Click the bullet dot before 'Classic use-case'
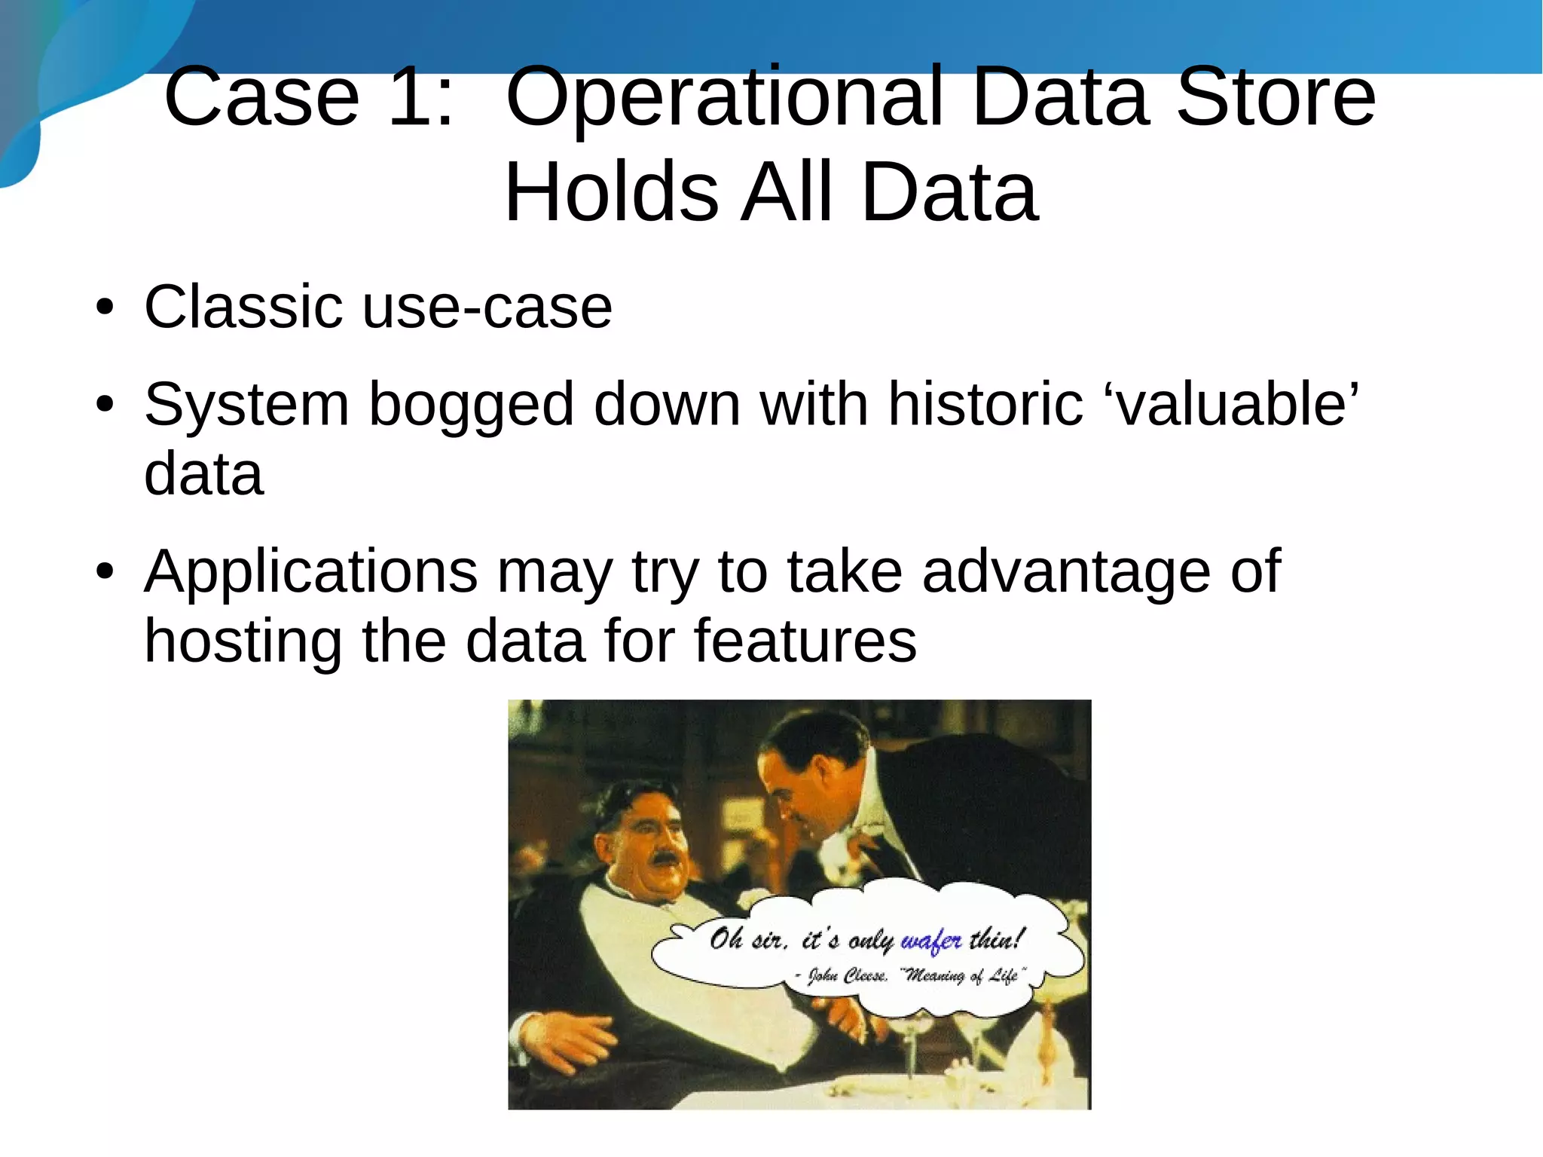click(105, 308)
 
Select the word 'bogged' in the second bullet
click(471, 405)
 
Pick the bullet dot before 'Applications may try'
click(105, 572)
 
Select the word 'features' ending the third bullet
click(805, 641)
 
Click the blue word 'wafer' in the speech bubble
click(931, 941)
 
